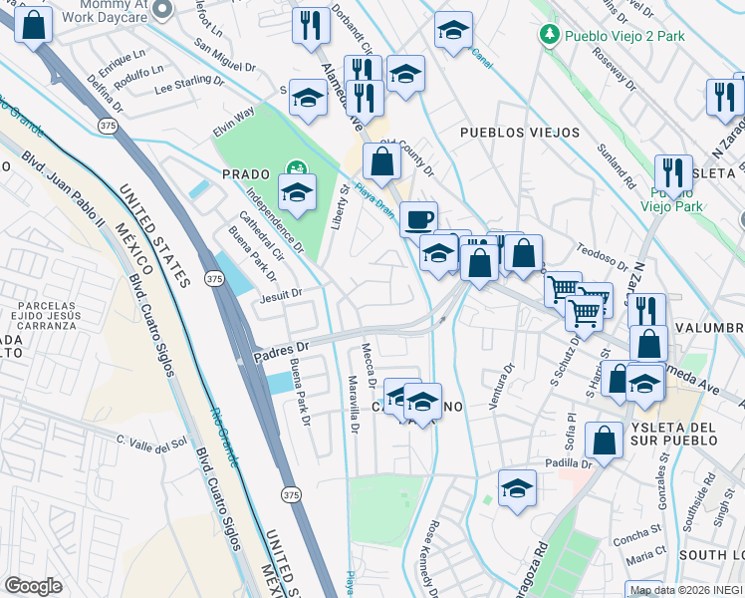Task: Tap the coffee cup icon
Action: [418, 218]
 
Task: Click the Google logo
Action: [33, 586]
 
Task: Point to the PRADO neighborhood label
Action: [246, 173]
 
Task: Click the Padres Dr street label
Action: [283, 349]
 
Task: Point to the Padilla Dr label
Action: [569, 463]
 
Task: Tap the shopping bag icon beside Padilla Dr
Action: [604, 439]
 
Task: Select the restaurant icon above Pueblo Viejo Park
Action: [674, 171]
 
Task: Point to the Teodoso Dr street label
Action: [600, 254]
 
